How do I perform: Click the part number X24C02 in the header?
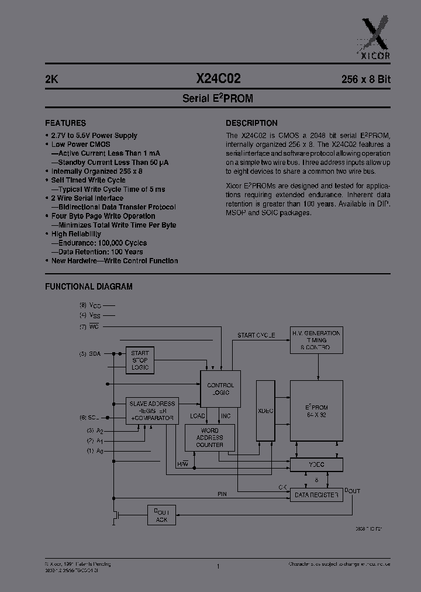click(x=217, y=79)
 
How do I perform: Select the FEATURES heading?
click(x=65, y=123)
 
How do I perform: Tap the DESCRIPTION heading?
click(x=251, y=123)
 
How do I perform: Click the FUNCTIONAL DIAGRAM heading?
click(x=89, y=287)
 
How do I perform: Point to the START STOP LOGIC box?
click(x=140, y=360)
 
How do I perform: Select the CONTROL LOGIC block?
click(x=220, y=389)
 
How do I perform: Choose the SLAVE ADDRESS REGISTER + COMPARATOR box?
click(x=152, y=411)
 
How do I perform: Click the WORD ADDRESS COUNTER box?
click(x=209, y=437)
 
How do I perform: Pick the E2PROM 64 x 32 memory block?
click(x=316, y=411)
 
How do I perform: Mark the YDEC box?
click(x=316, y=464)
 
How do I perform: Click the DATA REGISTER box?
click(x=316, y=495)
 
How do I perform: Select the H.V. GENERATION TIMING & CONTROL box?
click(x=316, y=340)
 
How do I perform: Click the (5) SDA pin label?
click(x=91, y=354)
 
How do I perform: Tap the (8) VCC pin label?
click(x=91, y=305)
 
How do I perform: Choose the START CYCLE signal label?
click(x=256, y=335)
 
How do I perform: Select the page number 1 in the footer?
click(x=218, y=566)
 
